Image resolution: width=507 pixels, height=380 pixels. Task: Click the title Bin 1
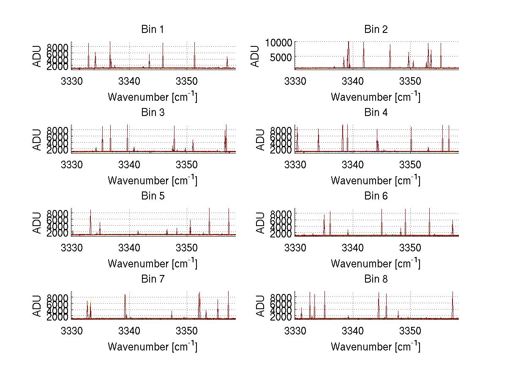click(152, 30)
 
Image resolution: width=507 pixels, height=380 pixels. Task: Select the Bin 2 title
click(376, 30)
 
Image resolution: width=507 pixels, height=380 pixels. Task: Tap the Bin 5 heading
click(152, 196)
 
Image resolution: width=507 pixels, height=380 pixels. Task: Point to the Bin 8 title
click(376, 279)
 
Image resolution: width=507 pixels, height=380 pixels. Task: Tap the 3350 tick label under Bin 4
click(410, 164)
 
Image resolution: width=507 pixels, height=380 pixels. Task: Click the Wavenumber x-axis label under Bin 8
click(376, 347)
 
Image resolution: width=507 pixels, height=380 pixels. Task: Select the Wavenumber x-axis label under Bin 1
click(152, 97)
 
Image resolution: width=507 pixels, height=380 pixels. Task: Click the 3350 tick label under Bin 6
click(410, 247)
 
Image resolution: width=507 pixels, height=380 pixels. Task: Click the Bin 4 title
click(376, 113)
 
